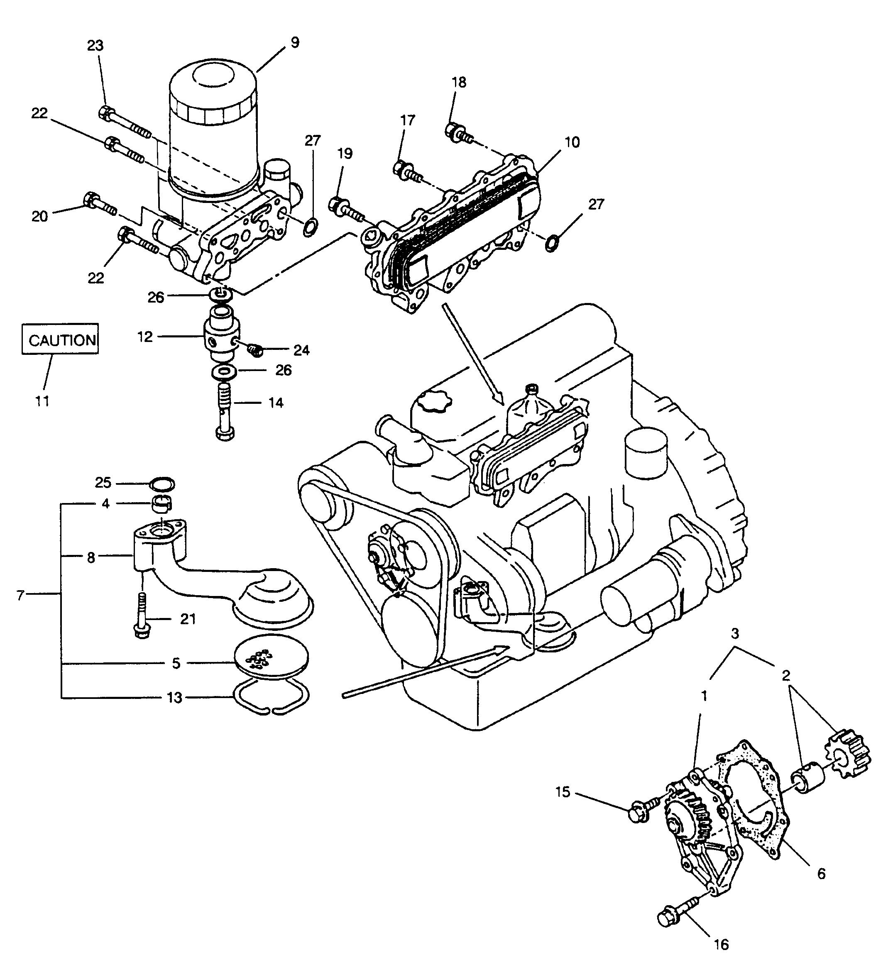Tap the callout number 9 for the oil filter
(295, 42)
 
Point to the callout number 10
(572, 142)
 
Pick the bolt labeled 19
(345, 208)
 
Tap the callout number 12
(145, 337)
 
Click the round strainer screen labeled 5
(271, 661)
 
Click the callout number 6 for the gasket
(821, 874)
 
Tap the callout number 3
(734, 633)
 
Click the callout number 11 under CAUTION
(42, 401)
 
